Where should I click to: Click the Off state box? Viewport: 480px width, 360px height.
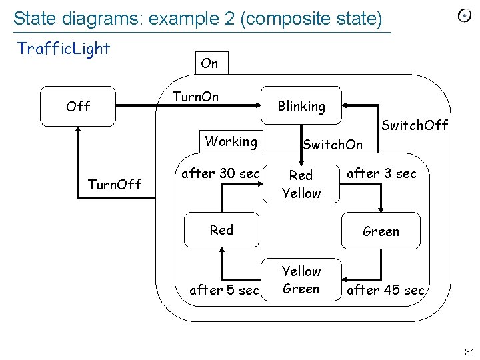coord(78,106)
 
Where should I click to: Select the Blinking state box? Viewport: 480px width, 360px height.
coord(301,106)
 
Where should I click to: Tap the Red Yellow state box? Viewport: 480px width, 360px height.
coord(301,184)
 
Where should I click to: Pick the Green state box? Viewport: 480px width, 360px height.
coord(381,231)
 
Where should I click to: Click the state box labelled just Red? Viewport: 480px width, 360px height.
coord(222,230)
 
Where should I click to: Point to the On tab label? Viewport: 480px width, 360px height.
coord(209,63)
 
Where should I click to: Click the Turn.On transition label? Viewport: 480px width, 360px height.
coord(195,97)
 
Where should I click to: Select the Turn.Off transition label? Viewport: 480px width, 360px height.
coord(115,184)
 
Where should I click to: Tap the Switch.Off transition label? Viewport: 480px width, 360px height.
coord(415,125)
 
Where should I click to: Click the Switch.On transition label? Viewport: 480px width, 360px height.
coord(333,145)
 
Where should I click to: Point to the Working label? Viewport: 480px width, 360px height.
coord(231,141)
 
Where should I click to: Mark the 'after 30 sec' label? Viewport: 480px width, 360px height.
coord(221,173)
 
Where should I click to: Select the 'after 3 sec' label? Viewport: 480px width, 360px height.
coord(381,173)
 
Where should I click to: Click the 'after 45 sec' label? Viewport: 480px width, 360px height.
coord(385,289)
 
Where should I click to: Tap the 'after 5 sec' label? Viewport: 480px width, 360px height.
coord(225,289)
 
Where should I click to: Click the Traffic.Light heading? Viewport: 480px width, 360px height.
coord(64,49)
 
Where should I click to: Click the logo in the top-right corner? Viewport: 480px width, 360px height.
coord(464,17)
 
